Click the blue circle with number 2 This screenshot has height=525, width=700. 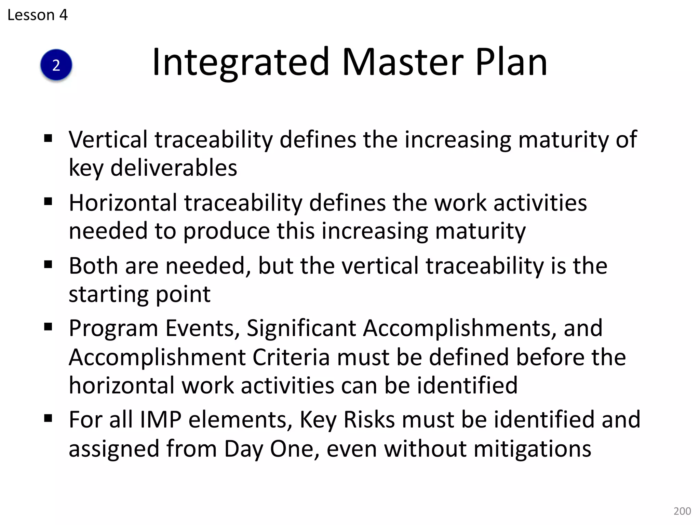(56, 65)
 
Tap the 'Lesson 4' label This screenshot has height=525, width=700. (37, 15)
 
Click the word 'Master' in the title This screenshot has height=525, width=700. (403, 62)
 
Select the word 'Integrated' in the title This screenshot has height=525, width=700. (241, 62)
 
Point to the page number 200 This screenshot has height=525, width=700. (682, 511)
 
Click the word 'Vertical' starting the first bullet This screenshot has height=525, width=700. (108, 139)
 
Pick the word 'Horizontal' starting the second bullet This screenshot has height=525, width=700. (123, 203)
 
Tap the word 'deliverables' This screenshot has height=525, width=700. (174, 168)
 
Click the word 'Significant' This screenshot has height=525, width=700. (301, 328)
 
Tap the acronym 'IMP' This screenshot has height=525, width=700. (161, 419)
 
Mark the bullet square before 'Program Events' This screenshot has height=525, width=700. (48, 327)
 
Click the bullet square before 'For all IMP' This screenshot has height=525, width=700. (48, 418)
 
